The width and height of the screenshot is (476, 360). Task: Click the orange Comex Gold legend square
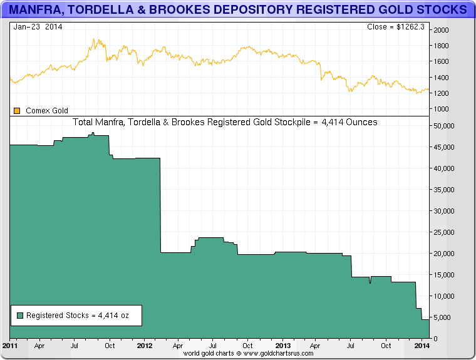(17, 111)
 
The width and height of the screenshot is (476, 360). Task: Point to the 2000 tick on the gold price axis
(441, 30)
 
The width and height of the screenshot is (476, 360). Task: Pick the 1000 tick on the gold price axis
(441, 109)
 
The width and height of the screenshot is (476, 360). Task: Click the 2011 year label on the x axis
(10, 346)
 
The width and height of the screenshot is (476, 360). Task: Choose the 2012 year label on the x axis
(145, 346)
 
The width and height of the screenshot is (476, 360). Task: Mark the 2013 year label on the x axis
(283, 346)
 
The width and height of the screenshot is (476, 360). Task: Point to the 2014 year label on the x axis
(422, 346)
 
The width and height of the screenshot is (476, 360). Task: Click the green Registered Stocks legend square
(19, 316)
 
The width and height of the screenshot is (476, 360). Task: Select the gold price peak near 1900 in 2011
(93, 39)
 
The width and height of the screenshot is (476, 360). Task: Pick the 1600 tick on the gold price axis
(441, 61)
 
